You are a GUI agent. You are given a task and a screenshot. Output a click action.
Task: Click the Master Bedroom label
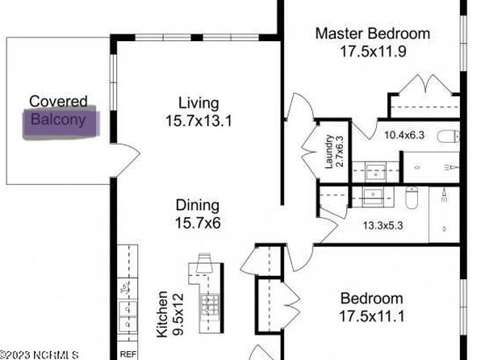tap(373, 33)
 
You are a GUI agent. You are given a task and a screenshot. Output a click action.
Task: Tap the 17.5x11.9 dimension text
tap(374, 51)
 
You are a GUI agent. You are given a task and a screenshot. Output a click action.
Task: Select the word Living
tap(199, 104)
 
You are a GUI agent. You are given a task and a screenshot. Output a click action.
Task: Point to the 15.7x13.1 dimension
tap(199, 120)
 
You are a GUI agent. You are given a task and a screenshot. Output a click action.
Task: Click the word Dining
tap(198, 206)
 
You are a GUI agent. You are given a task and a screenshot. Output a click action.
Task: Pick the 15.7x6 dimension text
tap(198, 223)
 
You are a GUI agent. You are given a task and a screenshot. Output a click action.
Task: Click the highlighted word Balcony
tap(58, 120)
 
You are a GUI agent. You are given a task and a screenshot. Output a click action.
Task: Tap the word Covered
tap(58, 101)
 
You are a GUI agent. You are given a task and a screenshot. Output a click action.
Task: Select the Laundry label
tap(328, 152)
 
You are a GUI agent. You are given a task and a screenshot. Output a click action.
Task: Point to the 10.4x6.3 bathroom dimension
tap(404, 135)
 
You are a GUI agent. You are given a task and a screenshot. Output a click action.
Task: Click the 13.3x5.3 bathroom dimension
tap(383, 226)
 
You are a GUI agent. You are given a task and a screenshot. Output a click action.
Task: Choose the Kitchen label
tap(162, 314)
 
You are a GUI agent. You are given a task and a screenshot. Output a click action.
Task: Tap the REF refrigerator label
tap(128, 354)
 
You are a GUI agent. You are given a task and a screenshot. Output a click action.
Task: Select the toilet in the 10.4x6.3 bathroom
tap(449, 137)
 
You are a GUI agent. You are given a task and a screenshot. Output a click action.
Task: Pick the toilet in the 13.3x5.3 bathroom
tap(412, 198)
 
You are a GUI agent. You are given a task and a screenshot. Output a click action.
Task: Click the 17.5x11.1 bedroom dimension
tap(372, 316)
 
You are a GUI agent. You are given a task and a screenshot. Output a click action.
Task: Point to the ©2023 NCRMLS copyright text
tap(39, 355)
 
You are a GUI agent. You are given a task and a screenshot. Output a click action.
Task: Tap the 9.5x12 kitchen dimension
tap(178, 315)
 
